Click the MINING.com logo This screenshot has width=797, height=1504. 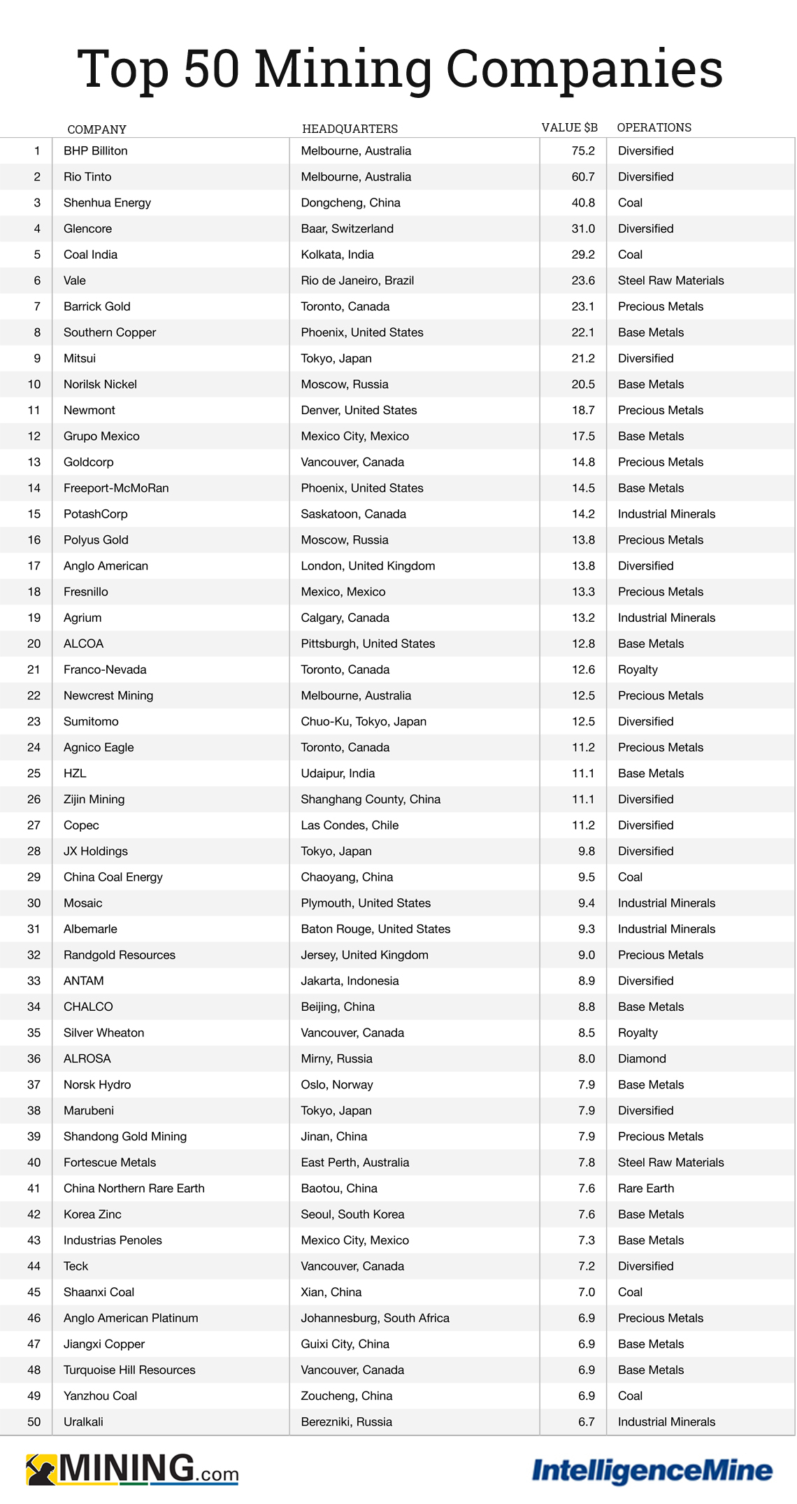click(x=132, y=1469)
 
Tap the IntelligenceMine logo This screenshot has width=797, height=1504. click(x=652, y=1470)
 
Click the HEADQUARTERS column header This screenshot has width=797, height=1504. click(x=350, y=129)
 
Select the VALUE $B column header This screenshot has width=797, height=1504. click(x=569, y=127)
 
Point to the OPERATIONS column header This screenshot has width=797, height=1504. click(x=654, y=127)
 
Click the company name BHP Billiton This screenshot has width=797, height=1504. click(x=95, y=151)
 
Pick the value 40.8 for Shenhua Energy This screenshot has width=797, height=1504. click(x=583, y=203)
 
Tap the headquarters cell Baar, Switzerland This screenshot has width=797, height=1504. click(x=347, y=229)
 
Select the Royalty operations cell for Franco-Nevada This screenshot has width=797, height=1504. click(x=638, y=669)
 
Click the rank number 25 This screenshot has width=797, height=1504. click(x=34, y=773)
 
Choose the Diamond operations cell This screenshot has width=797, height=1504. click(x=642, y=1058)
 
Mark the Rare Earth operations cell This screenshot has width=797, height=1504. click(x=646, y=1188)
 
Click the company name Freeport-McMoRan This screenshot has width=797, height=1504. click(x=116, y=488)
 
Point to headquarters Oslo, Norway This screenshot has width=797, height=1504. click(x=336, y=1084)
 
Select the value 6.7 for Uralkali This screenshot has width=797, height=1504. click(x=586, y=1421)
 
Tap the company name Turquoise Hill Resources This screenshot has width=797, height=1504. click(x=129, y=1370)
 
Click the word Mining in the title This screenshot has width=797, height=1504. click(x=343, y=70)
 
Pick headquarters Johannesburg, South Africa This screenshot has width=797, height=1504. click(x=375, y=1318)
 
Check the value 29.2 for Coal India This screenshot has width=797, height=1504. click(x=583, y=255)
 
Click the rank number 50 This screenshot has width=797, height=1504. click(x=34, y=1421)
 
